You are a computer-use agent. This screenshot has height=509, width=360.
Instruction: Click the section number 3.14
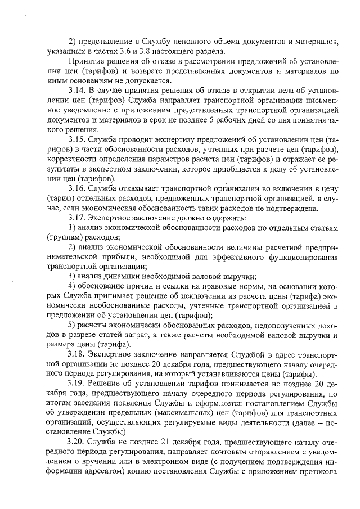(76, 90)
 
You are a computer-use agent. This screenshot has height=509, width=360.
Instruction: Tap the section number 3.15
(76, 138)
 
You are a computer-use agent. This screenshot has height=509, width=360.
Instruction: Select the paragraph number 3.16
(76, 187)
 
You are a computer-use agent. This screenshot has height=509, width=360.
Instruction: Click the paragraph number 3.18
(76, 355)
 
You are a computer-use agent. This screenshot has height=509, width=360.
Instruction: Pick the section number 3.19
(76, 384)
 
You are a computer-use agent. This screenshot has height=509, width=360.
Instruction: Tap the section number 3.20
(76, 443)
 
